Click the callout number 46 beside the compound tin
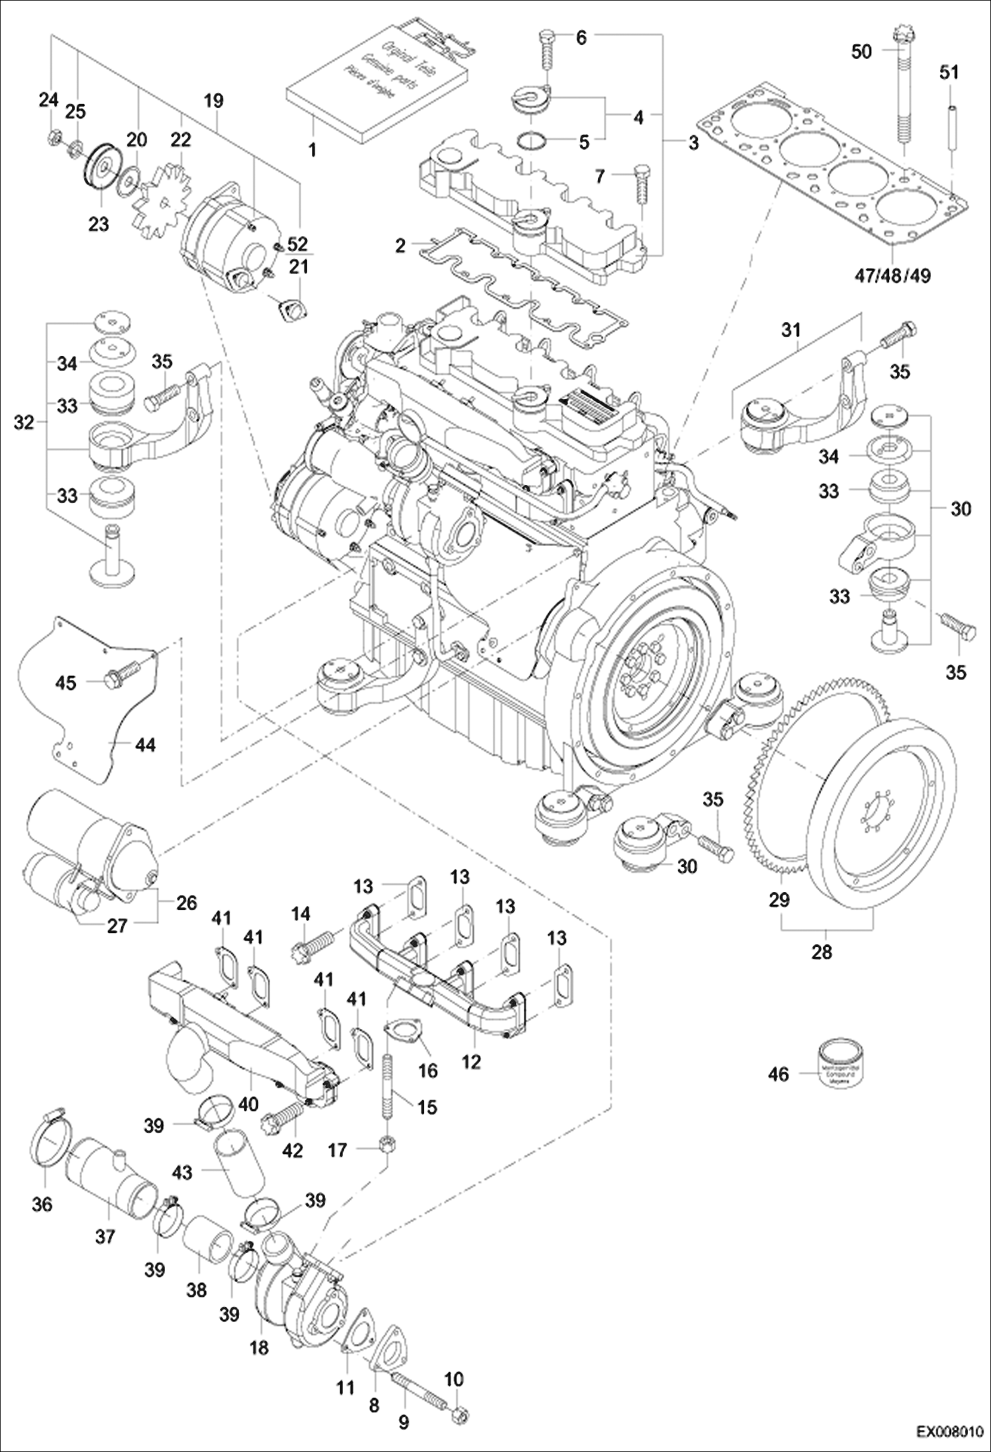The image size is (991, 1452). click(779, 1073)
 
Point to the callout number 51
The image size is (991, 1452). click(949, 71)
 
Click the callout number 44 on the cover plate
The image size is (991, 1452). click(145, 745)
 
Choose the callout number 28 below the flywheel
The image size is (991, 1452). click(821, 952)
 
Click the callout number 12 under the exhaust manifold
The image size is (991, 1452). click(471, 1062)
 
